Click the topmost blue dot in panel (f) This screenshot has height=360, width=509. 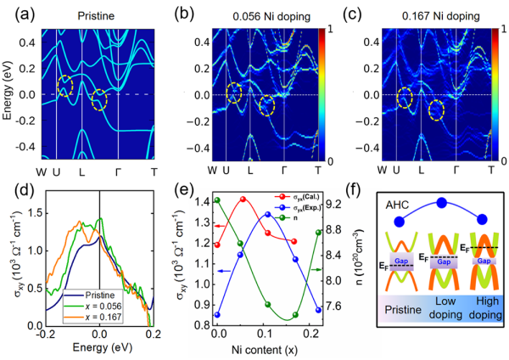[440, 202]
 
